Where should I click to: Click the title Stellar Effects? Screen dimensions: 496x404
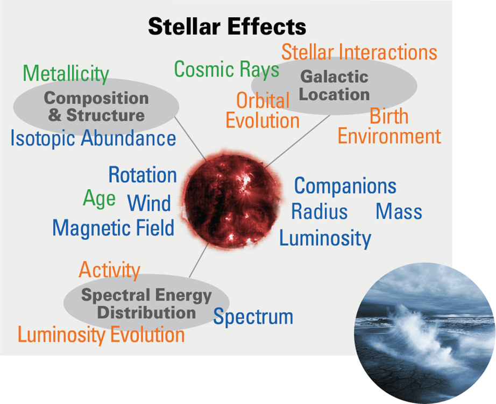point(227,26)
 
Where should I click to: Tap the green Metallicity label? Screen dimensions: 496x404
point(66,74)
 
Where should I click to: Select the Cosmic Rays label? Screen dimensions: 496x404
point(226,69)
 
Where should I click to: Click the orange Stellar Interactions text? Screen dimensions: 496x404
point(359,52)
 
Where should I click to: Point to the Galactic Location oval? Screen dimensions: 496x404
point(334,86)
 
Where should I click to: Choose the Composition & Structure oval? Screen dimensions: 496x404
point(96,107)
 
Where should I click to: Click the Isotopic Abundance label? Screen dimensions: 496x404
point(93,139)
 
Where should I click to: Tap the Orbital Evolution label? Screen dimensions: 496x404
point(263,110)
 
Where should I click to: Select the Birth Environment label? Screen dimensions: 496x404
point(389,126)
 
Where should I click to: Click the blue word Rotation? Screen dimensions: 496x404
point(143,175)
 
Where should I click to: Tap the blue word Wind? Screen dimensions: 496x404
point(149,203)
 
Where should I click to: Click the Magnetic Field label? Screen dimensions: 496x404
point(114,228)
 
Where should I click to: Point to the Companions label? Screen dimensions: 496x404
point(345,186)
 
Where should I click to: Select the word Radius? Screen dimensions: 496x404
point(320,211)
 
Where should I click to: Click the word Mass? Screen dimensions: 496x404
point(399,211)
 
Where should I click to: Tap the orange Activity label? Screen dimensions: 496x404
point(109,270)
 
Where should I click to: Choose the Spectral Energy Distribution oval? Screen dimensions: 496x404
point(146,303)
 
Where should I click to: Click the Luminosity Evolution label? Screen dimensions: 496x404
point(101,335)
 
